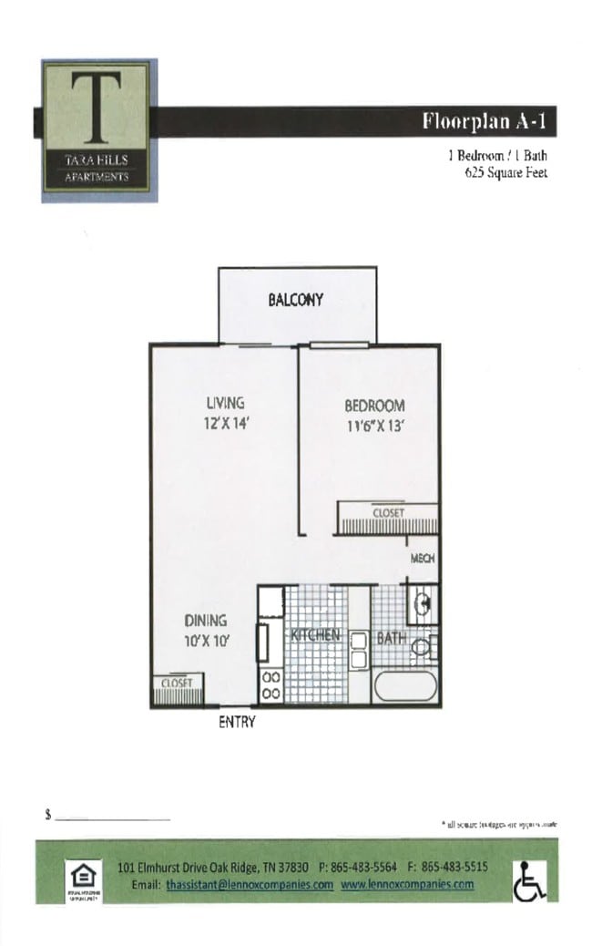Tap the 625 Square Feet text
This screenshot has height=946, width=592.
505,172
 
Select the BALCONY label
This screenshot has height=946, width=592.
295,300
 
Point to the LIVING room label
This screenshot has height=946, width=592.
224,403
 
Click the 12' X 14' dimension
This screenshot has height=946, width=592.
224,423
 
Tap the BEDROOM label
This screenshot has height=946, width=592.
374,406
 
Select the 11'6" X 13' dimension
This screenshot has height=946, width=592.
374,426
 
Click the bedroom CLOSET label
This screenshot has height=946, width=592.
388,513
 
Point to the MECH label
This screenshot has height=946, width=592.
423,559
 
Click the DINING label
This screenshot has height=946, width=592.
205,622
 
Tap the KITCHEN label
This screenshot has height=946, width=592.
316,634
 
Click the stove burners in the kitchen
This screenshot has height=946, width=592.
270,686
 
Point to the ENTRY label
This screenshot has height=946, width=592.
237,723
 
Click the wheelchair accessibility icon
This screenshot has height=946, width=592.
529,880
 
